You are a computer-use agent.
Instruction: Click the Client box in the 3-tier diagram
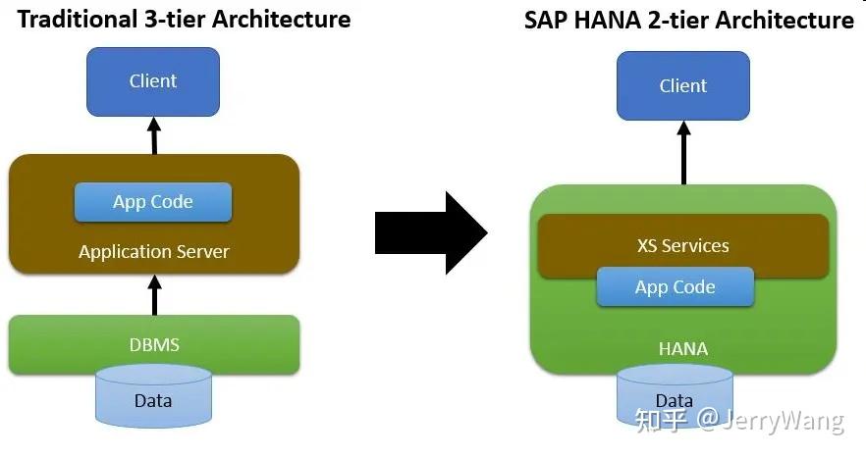point(152,81)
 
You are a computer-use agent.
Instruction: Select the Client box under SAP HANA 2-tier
point(682,85)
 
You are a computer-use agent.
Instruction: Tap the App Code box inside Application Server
point(153,202)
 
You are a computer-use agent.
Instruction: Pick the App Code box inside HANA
point(675,287)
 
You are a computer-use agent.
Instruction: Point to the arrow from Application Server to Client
point(153,135)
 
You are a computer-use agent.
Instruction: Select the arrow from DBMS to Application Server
point(153,293)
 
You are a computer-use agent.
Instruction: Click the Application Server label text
point(153,252)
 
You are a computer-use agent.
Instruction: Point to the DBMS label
point(154,344)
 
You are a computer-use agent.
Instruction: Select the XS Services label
point(682,245)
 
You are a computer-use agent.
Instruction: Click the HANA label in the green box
point(682,349)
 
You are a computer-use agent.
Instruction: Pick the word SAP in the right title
point(545,20)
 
